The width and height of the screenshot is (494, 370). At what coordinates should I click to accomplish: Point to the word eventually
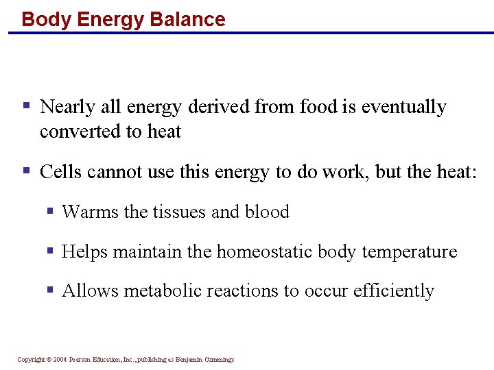coord(403,108)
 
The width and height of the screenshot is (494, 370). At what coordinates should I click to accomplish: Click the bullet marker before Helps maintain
coord(50,251)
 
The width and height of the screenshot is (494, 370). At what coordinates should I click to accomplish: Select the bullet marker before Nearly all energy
coord(27,106)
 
